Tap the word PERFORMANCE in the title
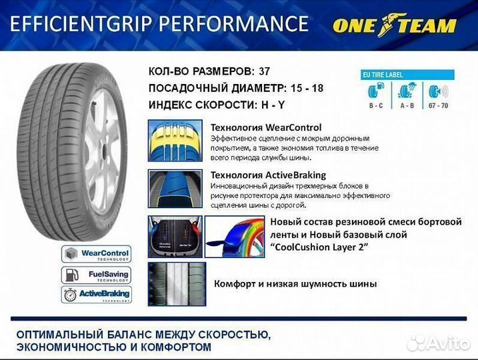click(231, 25)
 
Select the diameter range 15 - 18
click(309, 87)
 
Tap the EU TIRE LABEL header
click(383, 75)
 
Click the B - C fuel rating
click(375, 105)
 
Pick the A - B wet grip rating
click(407, 105)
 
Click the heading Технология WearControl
click(265, 127)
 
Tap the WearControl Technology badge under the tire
click(96, 254)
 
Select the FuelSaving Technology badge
click(96, 274)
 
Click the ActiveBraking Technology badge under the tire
click(96, 294)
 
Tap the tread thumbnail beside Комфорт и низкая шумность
click(176, 283)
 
